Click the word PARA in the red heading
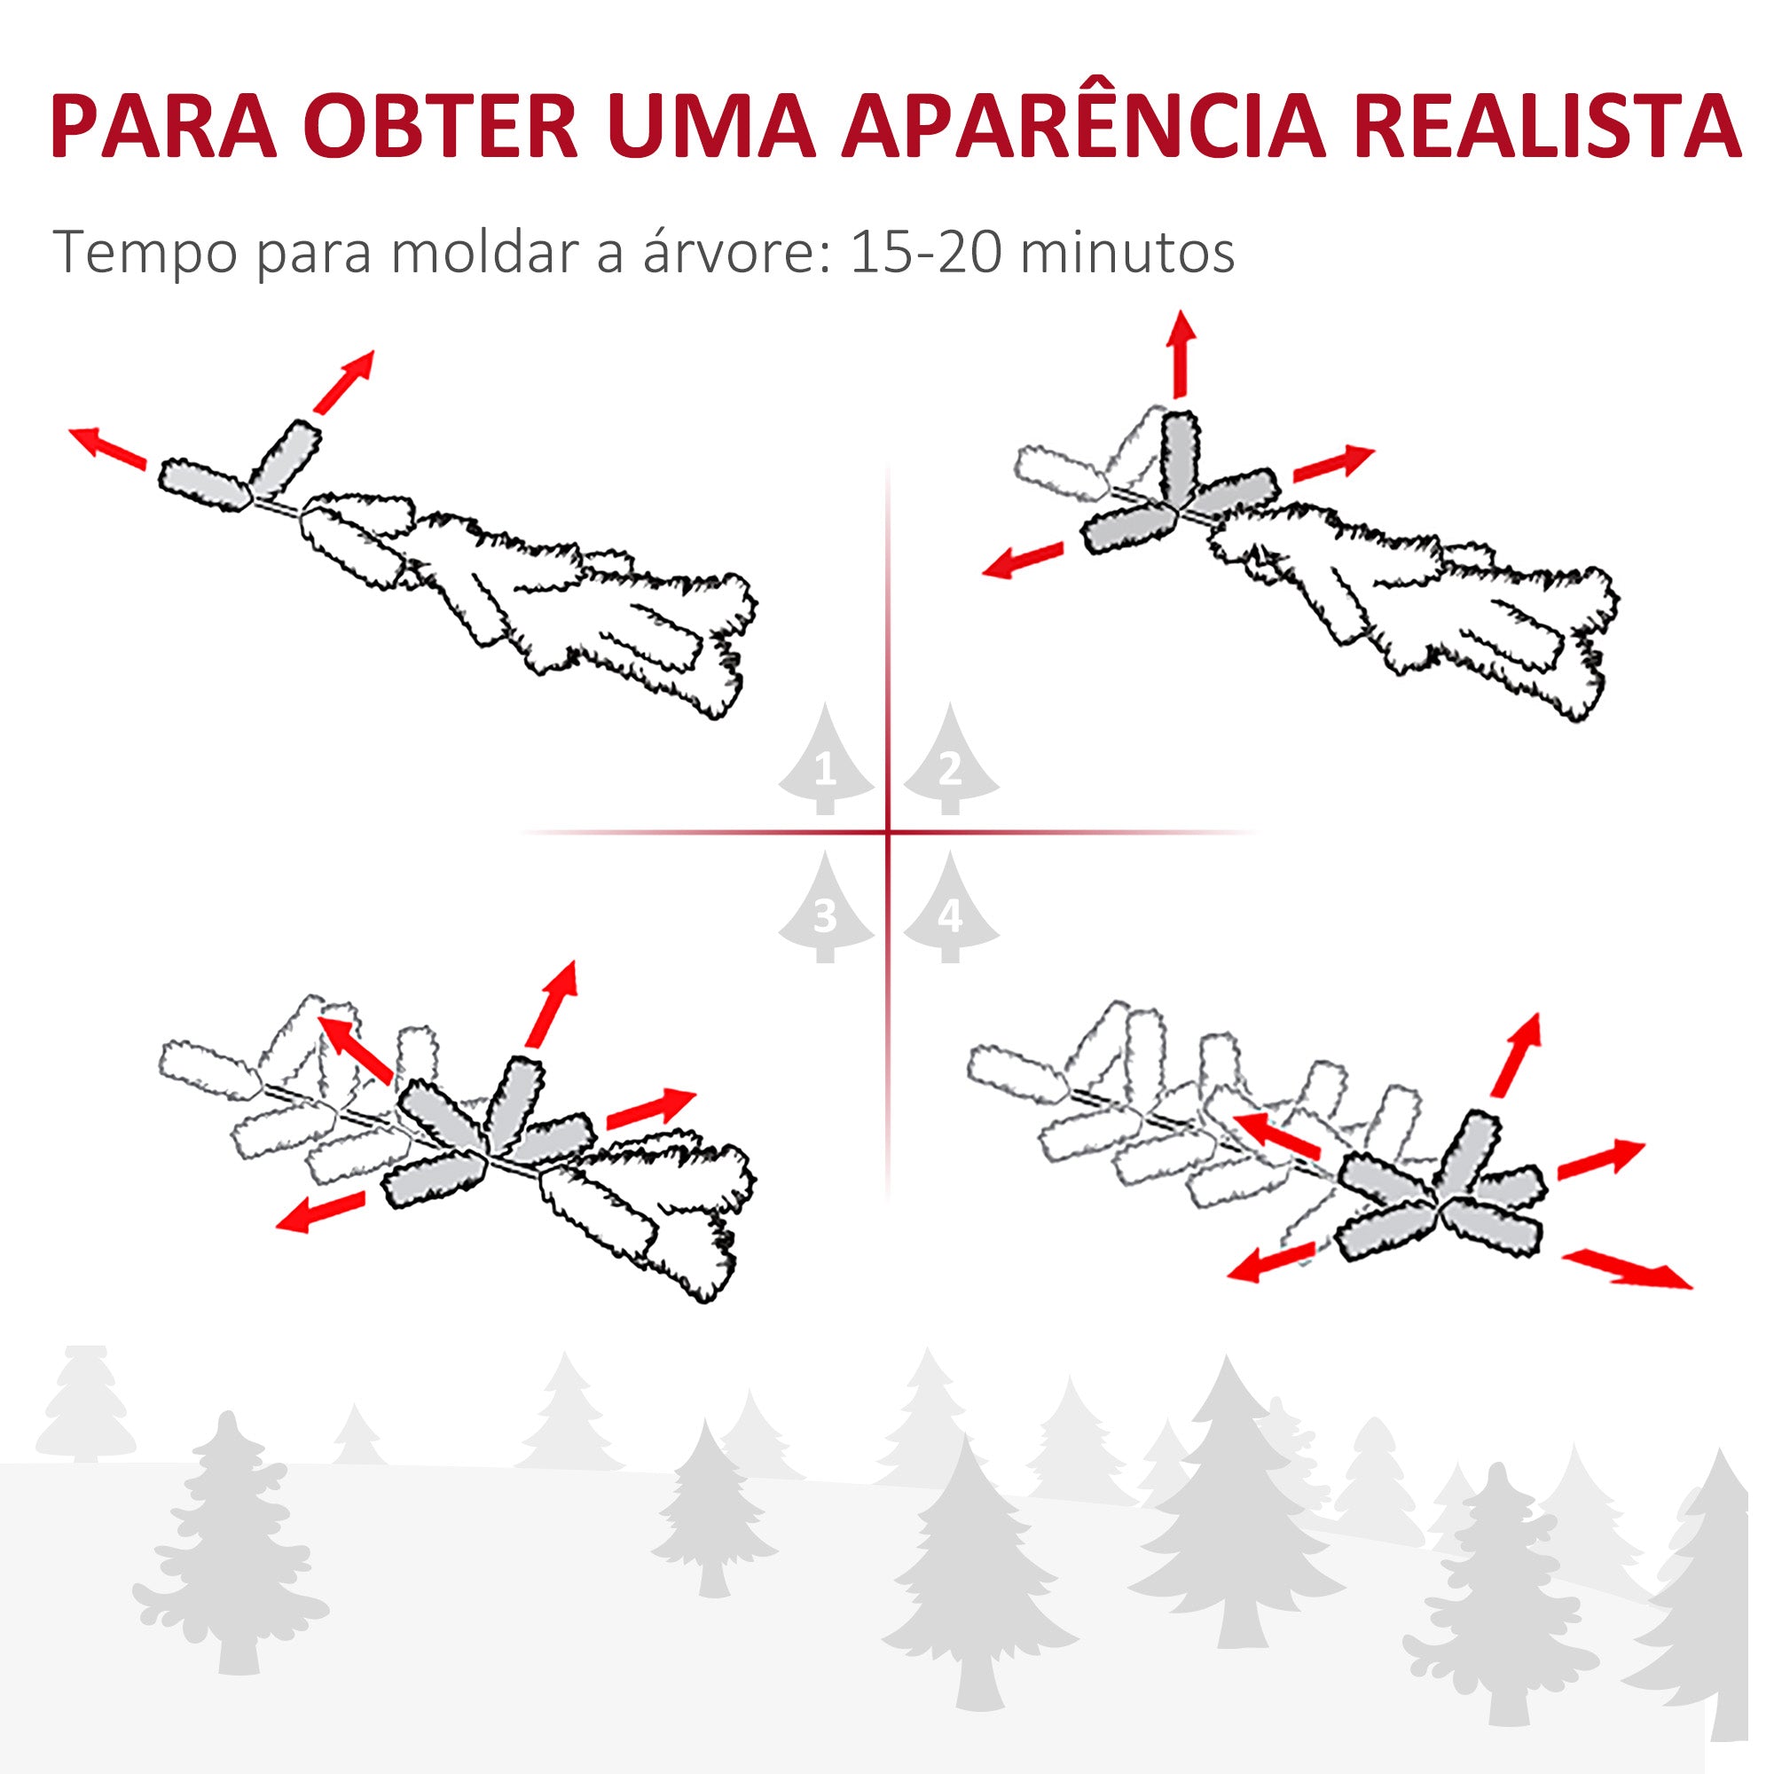164,127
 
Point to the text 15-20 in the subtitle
924,253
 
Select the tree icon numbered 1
826,762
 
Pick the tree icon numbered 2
949,762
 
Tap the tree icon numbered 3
826,909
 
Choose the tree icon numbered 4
949,909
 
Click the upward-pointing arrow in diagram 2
1181,355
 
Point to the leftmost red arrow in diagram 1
108,448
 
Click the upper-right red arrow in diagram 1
344,381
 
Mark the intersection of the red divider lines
888,833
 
